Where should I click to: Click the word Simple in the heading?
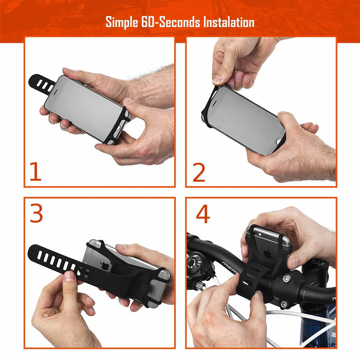point(122,23)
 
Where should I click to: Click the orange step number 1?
point(36,172)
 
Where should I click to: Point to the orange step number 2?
point(199,172)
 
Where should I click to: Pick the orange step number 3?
point(36,213)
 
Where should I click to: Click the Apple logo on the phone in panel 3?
point(105,266)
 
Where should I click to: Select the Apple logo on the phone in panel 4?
point(267,254)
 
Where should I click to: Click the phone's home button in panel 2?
point(279,141)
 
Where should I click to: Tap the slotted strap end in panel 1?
point(41,84)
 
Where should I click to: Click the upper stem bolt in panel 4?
point(286,279)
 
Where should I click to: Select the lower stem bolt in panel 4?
point(284,304)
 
